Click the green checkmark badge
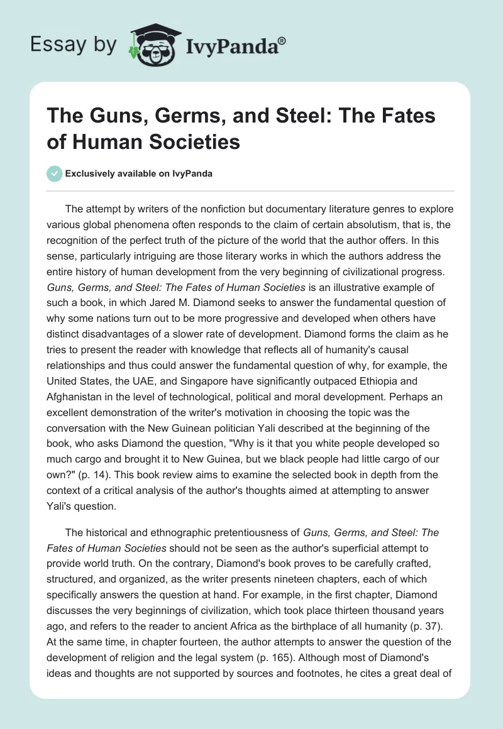(55, 173)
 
